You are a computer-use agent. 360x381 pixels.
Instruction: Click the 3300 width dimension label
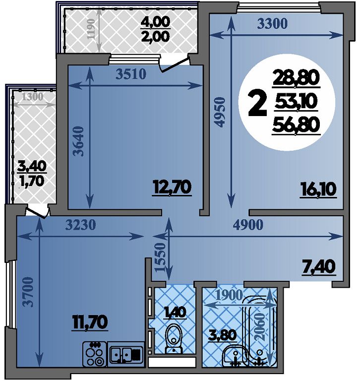[x=272, y=24]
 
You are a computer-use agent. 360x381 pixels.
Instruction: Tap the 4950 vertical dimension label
[x=220, y=112]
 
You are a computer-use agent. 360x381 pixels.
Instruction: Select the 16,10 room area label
[x=318, y=190]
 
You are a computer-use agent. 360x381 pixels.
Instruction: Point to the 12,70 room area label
[x=172, y=188]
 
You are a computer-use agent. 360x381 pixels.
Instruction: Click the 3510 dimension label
[x=131, y=74]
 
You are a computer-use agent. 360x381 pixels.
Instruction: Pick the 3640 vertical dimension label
[x=78, y=141]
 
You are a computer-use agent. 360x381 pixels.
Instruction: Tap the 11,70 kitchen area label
[x=90, y=322]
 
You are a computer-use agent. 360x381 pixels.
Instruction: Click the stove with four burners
[x=95, y=354]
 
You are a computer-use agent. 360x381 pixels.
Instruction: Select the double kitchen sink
[x=126, y=354]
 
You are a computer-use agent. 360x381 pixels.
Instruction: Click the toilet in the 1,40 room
[x=174, y=338]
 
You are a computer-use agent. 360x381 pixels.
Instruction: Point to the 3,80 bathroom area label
[x=223, y=335]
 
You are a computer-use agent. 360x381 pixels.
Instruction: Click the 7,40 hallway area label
[x=319, y=267]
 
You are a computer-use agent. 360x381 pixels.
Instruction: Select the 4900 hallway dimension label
[x=248, y=225]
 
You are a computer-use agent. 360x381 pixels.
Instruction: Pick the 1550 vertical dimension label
[x=160, y=257]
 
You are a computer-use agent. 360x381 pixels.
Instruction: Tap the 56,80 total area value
[x=296, y=125]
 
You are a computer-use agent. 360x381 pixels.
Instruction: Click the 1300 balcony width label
[x=33, y=97]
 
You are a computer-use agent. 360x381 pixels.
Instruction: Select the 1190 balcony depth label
[x=91, y=29]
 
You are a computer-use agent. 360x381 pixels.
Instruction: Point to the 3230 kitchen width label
[x=81, y=225]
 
